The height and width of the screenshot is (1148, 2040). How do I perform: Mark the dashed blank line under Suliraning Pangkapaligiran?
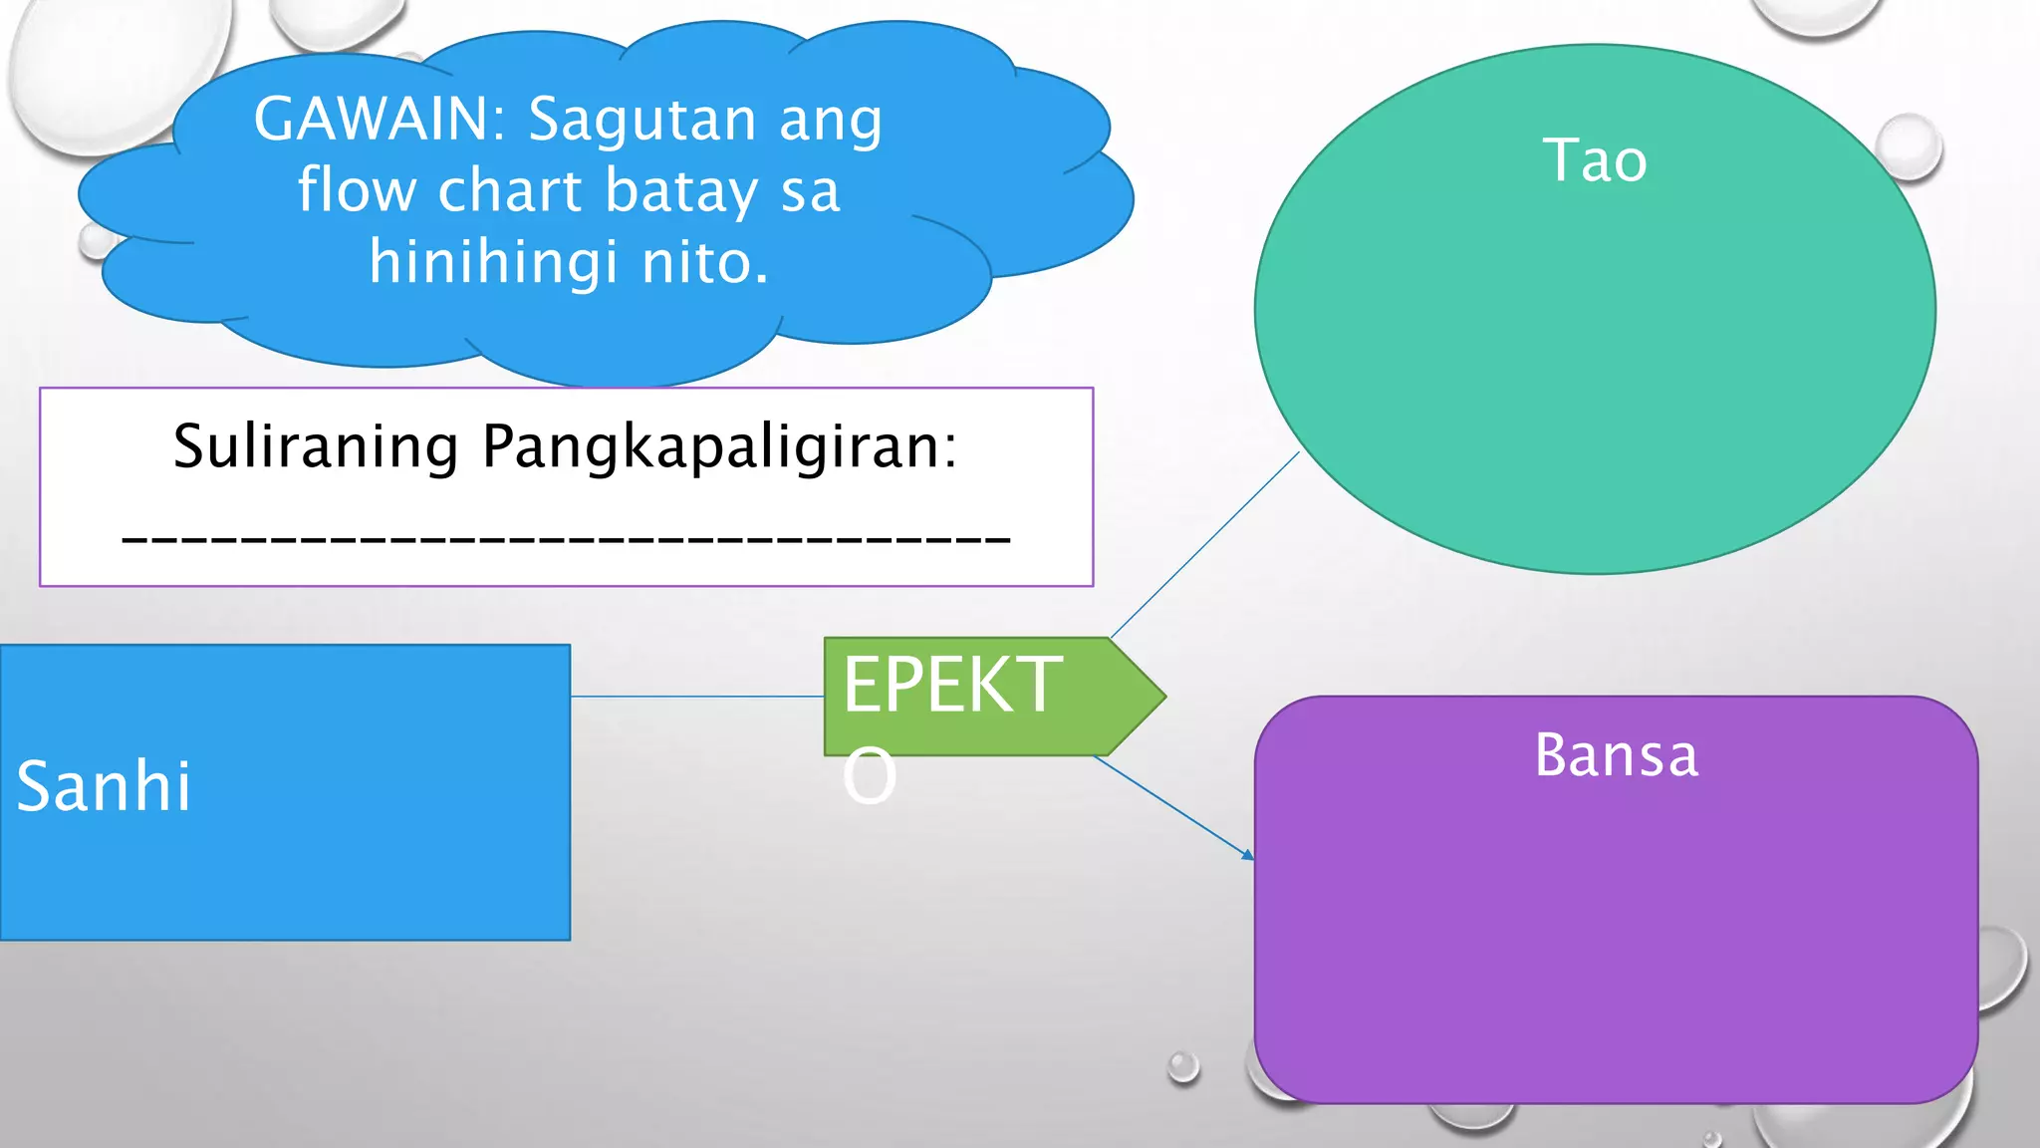[x=566, y=539]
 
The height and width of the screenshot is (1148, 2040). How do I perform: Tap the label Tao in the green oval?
[x=1595, y=160]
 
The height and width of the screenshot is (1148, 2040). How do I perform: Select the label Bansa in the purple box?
[x=1616, y=755]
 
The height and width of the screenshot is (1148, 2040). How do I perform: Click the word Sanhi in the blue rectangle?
[x=104, y=786]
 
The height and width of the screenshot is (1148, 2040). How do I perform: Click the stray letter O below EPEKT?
[x=870, y=776]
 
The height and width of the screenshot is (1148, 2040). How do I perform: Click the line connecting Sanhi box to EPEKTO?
[x=697, y=697]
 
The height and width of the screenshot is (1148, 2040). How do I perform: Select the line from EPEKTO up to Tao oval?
[x=1205, y=544]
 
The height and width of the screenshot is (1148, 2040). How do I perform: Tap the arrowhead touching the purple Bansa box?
[x=1247, y=854]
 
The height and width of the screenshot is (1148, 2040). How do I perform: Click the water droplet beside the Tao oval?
[x=1908, y=146]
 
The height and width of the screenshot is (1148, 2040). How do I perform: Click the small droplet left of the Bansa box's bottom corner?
[x=1183, y=1066]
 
